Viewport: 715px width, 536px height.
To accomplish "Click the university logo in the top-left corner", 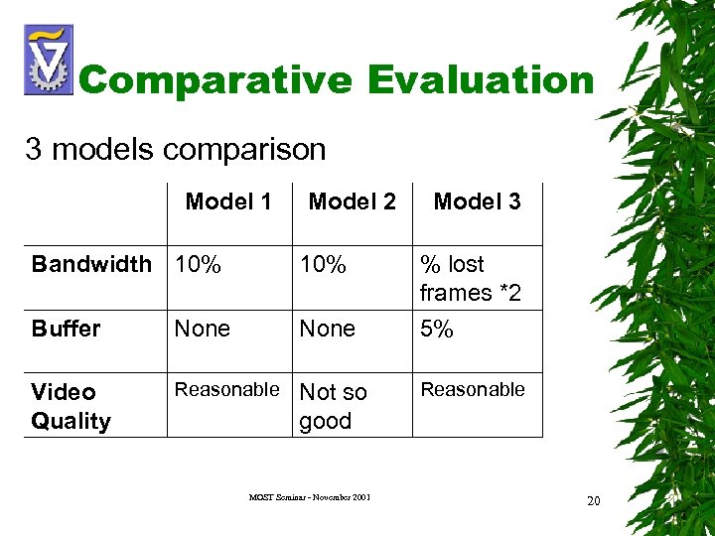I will (x=48, y=60).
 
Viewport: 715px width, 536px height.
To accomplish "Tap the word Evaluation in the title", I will (x=481, y=79).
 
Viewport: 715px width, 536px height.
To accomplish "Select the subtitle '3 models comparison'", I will (x=176, y=150).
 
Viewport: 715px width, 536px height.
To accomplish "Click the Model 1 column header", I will (x=228, y=201).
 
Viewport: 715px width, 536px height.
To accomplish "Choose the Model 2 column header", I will (x=352, y=201).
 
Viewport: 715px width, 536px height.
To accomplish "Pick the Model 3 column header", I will (x=477, y=201).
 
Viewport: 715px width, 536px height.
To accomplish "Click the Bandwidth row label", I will (x=91, y=264).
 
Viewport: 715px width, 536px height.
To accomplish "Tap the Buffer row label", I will (x=66, y=329).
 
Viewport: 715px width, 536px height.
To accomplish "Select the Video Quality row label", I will (x=71, y=406).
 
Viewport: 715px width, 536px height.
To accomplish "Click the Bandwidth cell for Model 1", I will (x=198, y=265).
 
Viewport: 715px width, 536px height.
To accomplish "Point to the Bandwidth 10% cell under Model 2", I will (x=323, y=265).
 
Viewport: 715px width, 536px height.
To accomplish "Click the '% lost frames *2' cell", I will (x=470, y=278).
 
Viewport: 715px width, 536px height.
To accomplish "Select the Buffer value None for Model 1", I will (x=202, y=329).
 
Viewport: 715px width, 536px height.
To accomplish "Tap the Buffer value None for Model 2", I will (x=327, y=329).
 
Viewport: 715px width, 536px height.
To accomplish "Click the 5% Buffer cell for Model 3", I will (x=437, y=329).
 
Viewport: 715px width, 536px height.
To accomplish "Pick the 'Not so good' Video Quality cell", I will (x=333, y=406).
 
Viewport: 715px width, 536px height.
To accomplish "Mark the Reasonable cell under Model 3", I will (x=473, y=389).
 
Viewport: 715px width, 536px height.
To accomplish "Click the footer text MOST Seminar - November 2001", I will (x=309, y=496).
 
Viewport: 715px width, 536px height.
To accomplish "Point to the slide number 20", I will (x=593, y=500).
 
